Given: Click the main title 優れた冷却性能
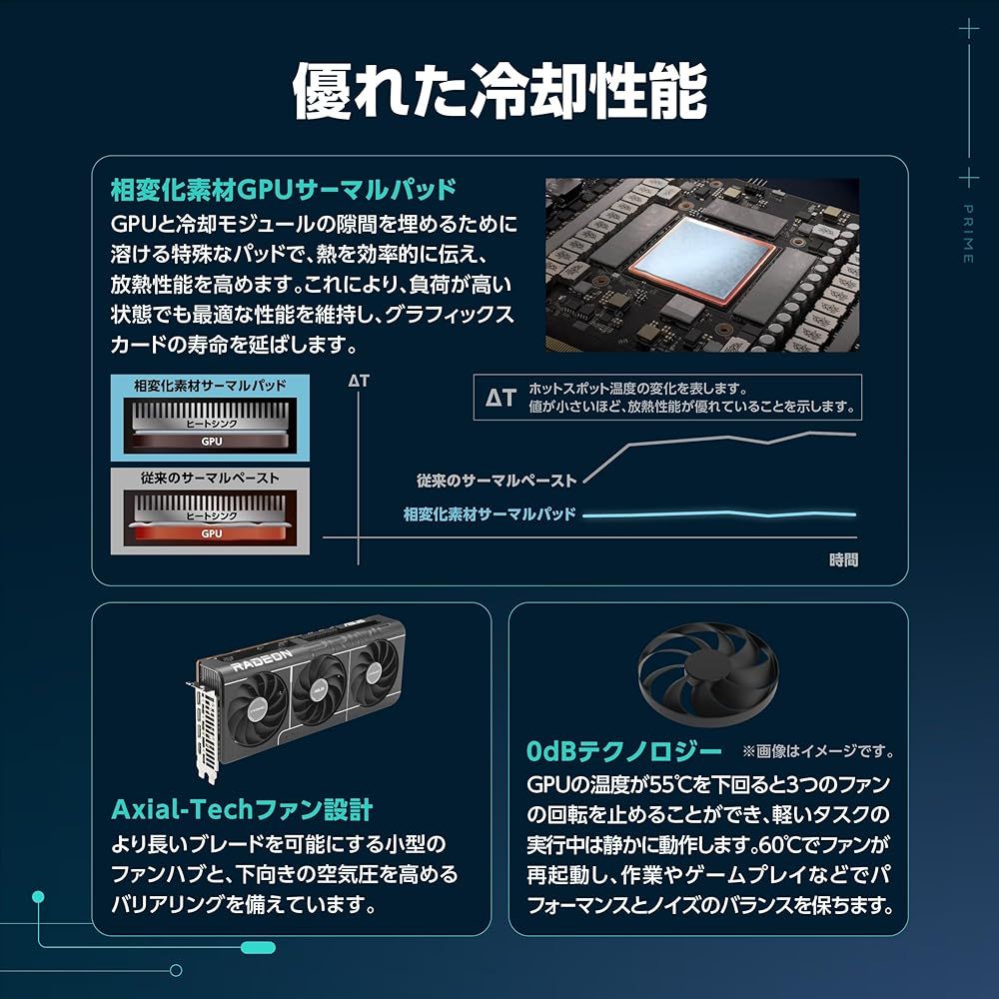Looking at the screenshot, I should click(x=499, y=92).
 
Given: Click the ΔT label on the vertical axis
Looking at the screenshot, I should click(x=359, y=381).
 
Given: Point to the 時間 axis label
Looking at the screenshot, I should click(x=843, y=559).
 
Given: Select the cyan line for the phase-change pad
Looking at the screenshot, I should click(x=719, y=513).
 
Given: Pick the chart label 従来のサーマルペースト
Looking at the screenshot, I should click(x=497, y=481).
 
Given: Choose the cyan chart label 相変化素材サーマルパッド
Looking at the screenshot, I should click(x=490, y=514).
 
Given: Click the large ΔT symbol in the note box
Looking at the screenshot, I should click(x=500, y=398).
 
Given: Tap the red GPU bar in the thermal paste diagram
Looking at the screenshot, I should click(x=212, y=533).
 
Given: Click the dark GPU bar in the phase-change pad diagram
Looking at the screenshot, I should click(x=212, y=441).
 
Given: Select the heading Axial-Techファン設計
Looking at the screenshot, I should click(x=242, y=808).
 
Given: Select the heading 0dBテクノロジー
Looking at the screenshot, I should click(x=623, y=750).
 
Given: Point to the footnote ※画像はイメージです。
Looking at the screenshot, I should click(x=817, y=751).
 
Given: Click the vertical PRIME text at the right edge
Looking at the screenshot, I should click(x=968, y=234).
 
